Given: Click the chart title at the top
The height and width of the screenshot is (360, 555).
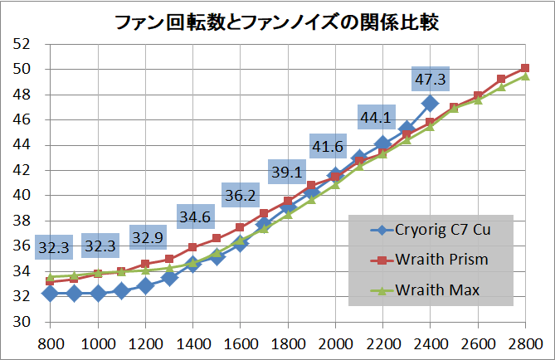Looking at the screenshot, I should point(277,20).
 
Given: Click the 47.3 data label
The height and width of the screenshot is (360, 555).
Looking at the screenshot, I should point(430,80).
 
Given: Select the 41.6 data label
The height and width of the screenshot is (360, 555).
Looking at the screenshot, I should point(329,147).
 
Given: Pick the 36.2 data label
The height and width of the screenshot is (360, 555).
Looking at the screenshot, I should point(241,197).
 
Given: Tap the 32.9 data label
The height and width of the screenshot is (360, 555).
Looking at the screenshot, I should point(148,237).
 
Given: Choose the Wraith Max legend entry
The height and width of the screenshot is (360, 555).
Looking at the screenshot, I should point(429,289).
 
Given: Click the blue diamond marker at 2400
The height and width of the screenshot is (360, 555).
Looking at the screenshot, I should point(430,104).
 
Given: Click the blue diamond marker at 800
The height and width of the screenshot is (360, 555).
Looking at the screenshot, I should point(50,293).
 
